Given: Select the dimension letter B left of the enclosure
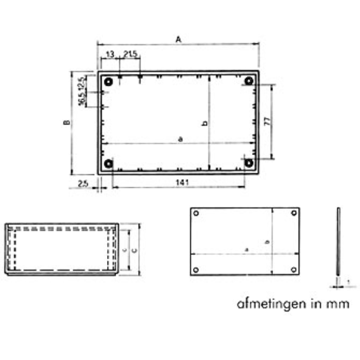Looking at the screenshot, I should coord(68,122).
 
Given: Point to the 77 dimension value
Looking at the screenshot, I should coord(267,121).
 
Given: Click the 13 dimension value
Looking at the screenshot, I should coord(110,55).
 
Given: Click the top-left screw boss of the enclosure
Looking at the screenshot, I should coord(108,81).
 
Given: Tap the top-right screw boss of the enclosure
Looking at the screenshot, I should coord(249,81).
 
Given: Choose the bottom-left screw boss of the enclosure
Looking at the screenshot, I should coord(108,164).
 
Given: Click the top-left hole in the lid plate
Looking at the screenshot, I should coord(196,213).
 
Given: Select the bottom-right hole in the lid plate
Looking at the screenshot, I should coord(294,269).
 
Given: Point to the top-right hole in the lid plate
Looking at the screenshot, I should coord(294,213).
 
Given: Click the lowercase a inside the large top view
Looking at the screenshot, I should coord(180,139).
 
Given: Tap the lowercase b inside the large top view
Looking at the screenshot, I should coord(205,123).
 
